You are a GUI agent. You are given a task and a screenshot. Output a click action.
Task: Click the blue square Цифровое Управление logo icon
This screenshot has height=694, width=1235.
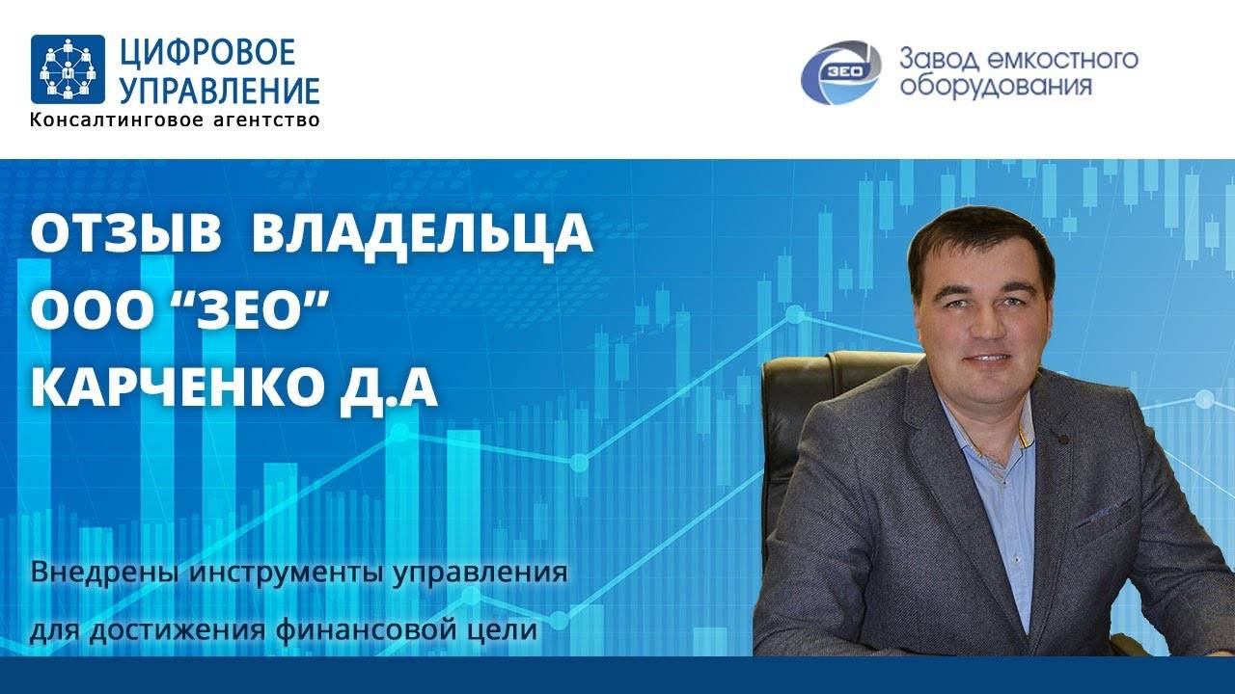(x=68, y=69)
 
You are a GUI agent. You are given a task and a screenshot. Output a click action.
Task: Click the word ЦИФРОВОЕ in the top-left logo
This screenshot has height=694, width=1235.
(x=207, y=52)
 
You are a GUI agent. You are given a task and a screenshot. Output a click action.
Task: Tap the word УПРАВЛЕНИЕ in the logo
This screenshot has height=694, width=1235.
(x=219, y=90)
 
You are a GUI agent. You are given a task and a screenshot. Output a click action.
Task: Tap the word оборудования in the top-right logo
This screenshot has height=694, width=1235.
(x=995, y=87)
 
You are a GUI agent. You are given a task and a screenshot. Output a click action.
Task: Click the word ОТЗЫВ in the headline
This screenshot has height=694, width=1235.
(x=126, y=234)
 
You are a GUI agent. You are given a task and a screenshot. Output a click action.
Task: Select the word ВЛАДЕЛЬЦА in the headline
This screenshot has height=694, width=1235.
(x=422, y=234)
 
